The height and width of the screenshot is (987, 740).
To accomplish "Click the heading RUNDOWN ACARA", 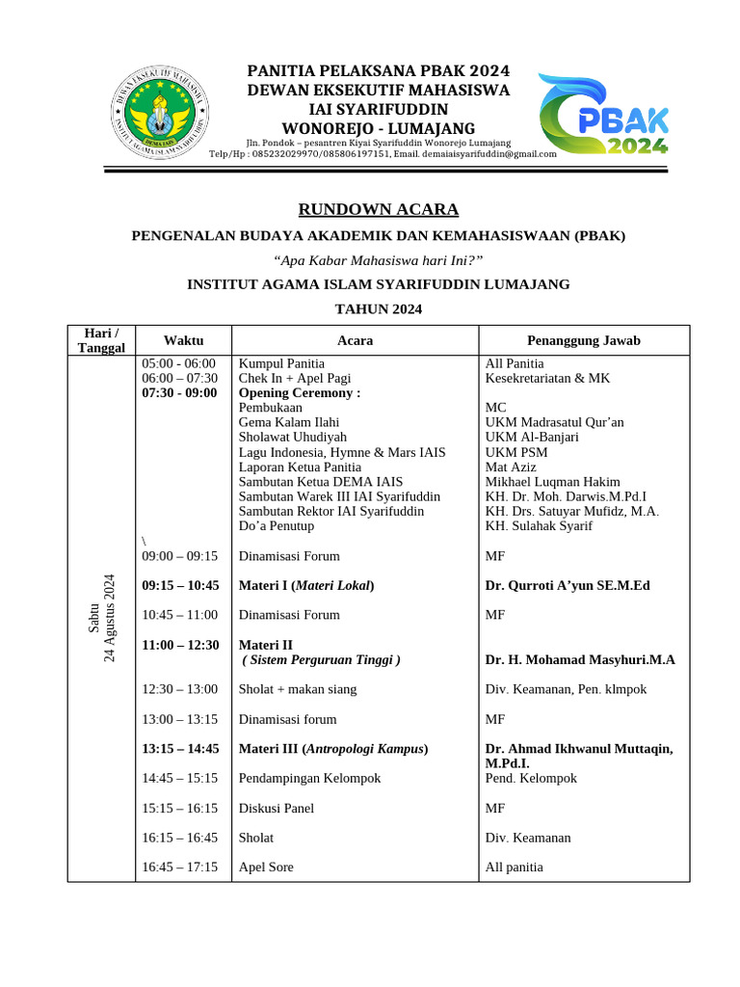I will (x=378, y=209).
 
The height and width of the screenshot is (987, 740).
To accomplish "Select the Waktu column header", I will (x=183, y=340).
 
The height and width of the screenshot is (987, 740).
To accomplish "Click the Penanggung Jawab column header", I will (x=584, y=340).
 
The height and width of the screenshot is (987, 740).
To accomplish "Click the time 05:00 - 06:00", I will (x=179, y=363).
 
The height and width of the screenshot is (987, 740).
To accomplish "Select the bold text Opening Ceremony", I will (x=299, y=393).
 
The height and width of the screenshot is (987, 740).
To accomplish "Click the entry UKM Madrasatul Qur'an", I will (x=554, y=422).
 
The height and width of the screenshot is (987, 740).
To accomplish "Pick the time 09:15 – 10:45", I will (x=180, y=585).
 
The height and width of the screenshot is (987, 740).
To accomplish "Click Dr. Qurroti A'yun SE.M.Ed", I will (x=568, y=585).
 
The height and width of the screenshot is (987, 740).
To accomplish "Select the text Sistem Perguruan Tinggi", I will (x=321, y=659).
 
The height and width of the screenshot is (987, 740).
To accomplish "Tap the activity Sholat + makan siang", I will (x=297, y=689).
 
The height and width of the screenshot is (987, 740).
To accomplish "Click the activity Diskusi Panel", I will (x=276, y=808).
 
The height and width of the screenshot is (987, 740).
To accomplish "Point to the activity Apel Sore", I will (x=266, y=867).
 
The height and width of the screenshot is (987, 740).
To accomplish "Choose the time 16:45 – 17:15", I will (x=180, y=867).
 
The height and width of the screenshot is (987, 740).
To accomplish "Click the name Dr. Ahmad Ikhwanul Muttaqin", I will (x=579, y=749).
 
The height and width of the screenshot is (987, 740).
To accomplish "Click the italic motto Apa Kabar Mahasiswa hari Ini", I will (x=378, y=260).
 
